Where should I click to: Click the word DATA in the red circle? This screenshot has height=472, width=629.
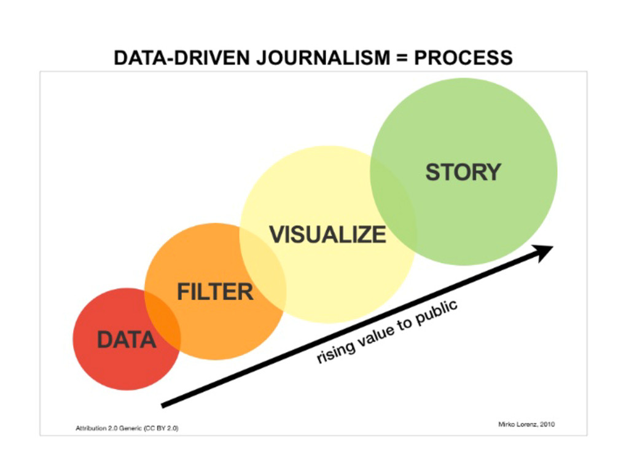point(126,339)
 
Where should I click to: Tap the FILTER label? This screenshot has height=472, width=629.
point(215,291)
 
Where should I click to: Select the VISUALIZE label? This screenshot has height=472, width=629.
point(328,234)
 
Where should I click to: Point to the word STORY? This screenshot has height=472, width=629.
point(463,172)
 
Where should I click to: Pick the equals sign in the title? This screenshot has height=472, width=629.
point(403,58)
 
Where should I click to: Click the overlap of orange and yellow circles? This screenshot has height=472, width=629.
point(263,271)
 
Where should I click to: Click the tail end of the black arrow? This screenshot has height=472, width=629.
point(163,404)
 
